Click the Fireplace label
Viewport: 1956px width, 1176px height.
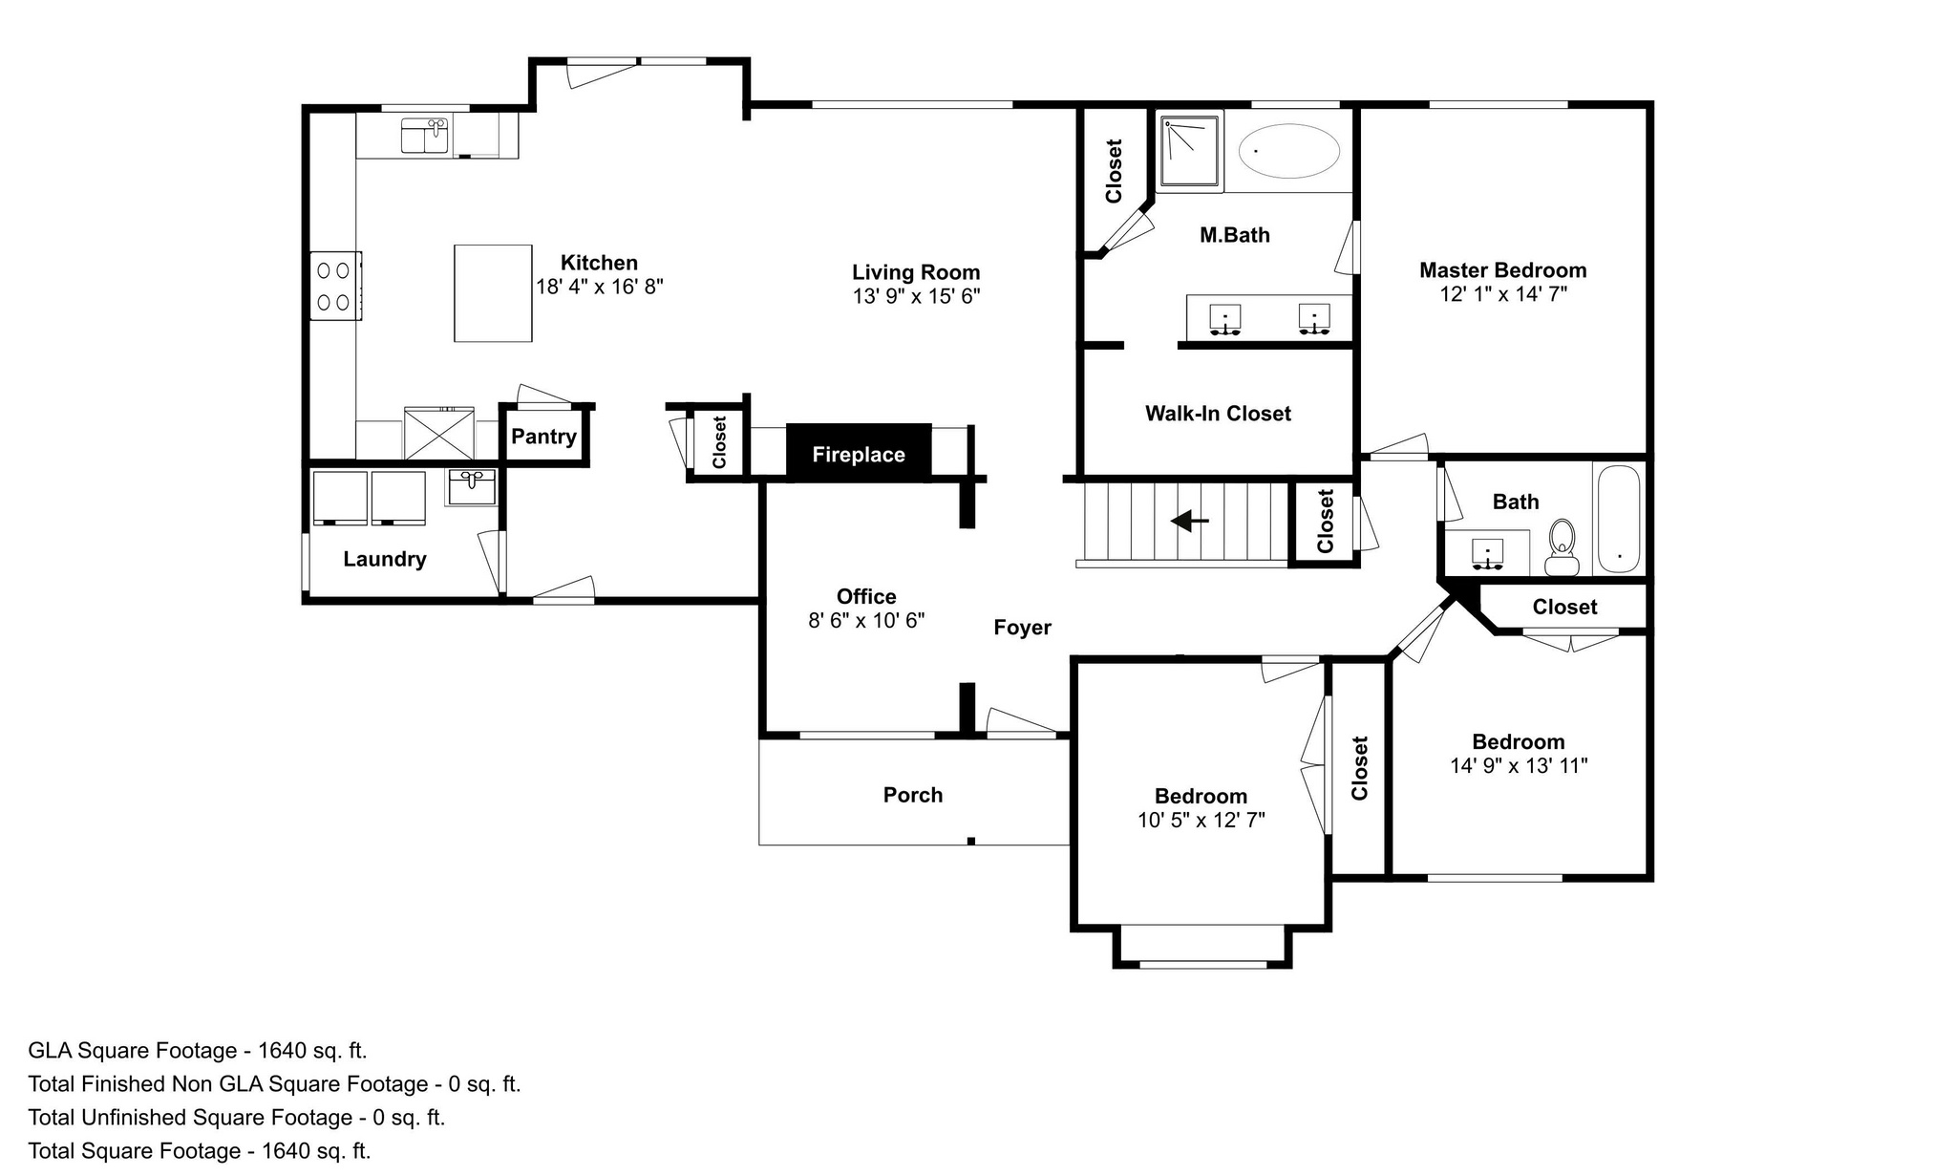coord(859,455)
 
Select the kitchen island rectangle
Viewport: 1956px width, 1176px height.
coord(493,292)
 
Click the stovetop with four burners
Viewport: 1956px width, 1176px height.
coord(334,286)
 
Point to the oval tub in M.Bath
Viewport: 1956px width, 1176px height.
coord(1289,151)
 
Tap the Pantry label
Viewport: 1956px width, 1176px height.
coord(543,437)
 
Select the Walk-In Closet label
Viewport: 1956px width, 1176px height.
coord(1218,414)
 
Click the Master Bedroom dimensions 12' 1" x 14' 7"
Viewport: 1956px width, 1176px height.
coord(1503,294)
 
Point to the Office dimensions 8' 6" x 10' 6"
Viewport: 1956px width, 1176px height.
coord(866,621)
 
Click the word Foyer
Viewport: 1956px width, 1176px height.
coord(1022,628)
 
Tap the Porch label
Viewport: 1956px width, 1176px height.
coord(913,795)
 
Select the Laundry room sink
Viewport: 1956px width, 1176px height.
coord(472,486)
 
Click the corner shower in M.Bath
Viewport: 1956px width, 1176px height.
coord(1190,151)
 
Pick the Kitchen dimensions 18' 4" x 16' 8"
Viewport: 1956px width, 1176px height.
coord(600,287)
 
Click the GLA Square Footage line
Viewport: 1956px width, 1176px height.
coord(198,1051)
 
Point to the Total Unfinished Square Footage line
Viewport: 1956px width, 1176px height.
coord(237,1118)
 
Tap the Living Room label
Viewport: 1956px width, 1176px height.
coord(916,272)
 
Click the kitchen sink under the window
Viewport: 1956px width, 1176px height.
coord(425,136)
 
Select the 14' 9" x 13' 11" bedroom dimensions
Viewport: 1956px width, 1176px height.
coord(1519,766)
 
